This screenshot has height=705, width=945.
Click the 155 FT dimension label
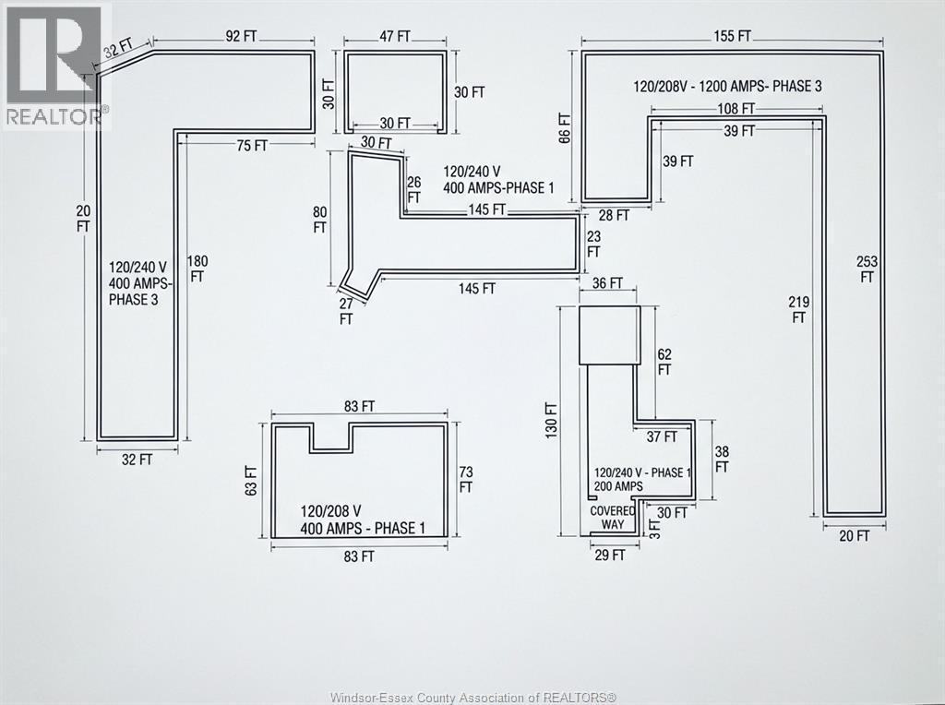pyautogui.click(x=733, y=36)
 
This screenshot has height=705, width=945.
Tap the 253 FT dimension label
pyautogui.click(x=867, y=269)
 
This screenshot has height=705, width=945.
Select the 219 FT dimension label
pyautogui.click(x=798, y=309)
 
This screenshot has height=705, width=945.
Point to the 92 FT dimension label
pyautogui.click(x=242, y=36)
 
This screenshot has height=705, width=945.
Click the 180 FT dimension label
pyautogui.click(x=198, y=268)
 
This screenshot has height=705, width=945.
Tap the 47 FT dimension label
pyautogui.click(x=394, y=36)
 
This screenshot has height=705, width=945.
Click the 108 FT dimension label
pyautogui.click(x=736, y=109)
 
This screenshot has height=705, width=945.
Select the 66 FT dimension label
pyautogui.click(x=565, y=125)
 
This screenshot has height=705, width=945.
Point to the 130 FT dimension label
pyautogui.click(x=552, y=420)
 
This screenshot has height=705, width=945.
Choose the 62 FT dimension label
pyautogui.click(x=664, y=361)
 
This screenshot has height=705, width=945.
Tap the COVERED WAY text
pyautogui.click(x=613, y=518)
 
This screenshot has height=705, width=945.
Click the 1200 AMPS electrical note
pyautogui.click(x=727, y=86)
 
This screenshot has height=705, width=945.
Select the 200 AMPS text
pyautogui.click(x=619, y=485)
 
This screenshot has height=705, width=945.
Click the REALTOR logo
pyautogui.click(x=55, y=65)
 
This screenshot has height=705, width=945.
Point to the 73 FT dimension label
pyautogui.click(x=466, y=478)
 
